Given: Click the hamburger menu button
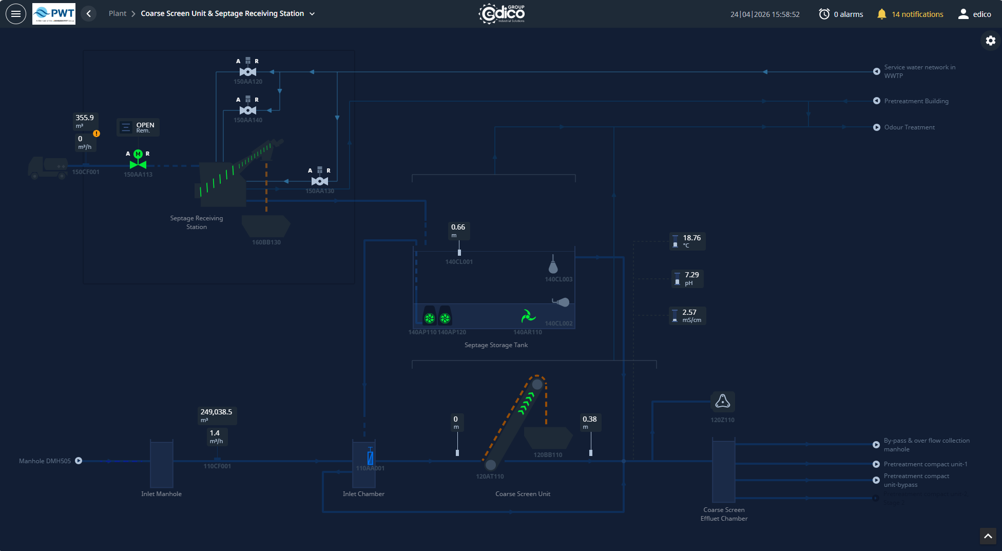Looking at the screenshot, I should point(16,14).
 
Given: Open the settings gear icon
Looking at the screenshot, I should point(990,41).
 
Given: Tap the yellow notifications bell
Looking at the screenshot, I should point(881,14).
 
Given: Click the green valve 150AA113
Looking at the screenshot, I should point(138,164).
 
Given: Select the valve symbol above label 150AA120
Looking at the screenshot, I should point(248,71).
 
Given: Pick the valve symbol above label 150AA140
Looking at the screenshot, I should point(248,110).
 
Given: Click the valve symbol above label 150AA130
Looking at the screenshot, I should point(320,181).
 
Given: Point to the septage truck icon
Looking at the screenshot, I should point(48,167).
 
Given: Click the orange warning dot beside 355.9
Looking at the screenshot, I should point(97,134).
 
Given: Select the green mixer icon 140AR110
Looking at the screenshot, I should point(528,316).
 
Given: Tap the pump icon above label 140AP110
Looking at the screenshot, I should point(430,317).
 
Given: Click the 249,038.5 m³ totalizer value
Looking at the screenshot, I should point(216,412).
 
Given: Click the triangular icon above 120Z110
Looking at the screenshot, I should point(722,401).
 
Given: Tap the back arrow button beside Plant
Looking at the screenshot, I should point(89,14).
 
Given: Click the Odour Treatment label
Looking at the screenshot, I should point(909,127).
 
